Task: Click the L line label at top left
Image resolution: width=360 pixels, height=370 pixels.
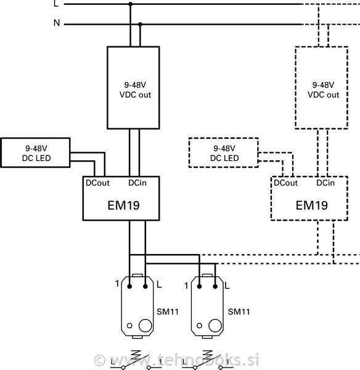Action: point(56,4)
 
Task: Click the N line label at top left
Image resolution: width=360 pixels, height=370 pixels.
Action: point(57,24)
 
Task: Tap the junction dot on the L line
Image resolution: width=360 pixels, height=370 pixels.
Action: point(129,4)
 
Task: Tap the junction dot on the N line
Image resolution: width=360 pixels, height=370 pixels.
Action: point(141,25)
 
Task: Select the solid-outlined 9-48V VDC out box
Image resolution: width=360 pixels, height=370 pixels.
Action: point(134,88)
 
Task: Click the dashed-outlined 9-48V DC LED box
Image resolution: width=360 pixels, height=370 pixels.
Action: point(224,153)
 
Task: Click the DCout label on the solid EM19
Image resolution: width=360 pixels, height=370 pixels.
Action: point(97,183)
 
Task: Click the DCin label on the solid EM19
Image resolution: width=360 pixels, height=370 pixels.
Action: point(137,183)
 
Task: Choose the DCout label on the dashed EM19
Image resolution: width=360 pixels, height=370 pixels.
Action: point(285,183)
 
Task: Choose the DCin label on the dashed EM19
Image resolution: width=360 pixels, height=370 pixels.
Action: point(325,183)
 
